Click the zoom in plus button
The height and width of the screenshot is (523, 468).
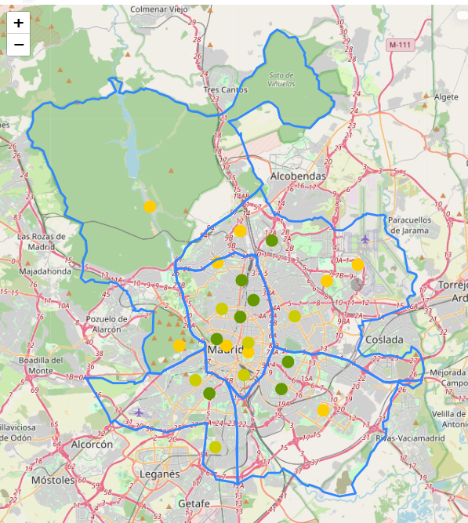(x=18, y=23)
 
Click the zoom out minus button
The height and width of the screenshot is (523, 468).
(x=18, y=45)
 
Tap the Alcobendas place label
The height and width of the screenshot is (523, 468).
(x=297, y=176)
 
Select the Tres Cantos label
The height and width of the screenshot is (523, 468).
(x=225, y=90)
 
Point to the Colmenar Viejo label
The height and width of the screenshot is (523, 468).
(x=161, y=9)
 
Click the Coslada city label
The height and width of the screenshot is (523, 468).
(x=384, y=340)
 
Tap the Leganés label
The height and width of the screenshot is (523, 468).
(x=159, y=474)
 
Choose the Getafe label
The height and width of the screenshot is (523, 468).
(x=194, y=503)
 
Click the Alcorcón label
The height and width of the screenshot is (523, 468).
(x=92, y=444)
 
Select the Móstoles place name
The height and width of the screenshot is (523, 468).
(x=53, y=479)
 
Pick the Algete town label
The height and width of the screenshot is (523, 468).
(x=446, y=97)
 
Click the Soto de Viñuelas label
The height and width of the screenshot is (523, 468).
(x=281, y=79)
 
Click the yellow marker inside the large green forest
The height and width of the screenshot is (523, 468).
(x=150, y=206)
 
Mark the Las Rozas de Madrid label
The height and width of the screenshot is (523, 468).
(x=47, y=241)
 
